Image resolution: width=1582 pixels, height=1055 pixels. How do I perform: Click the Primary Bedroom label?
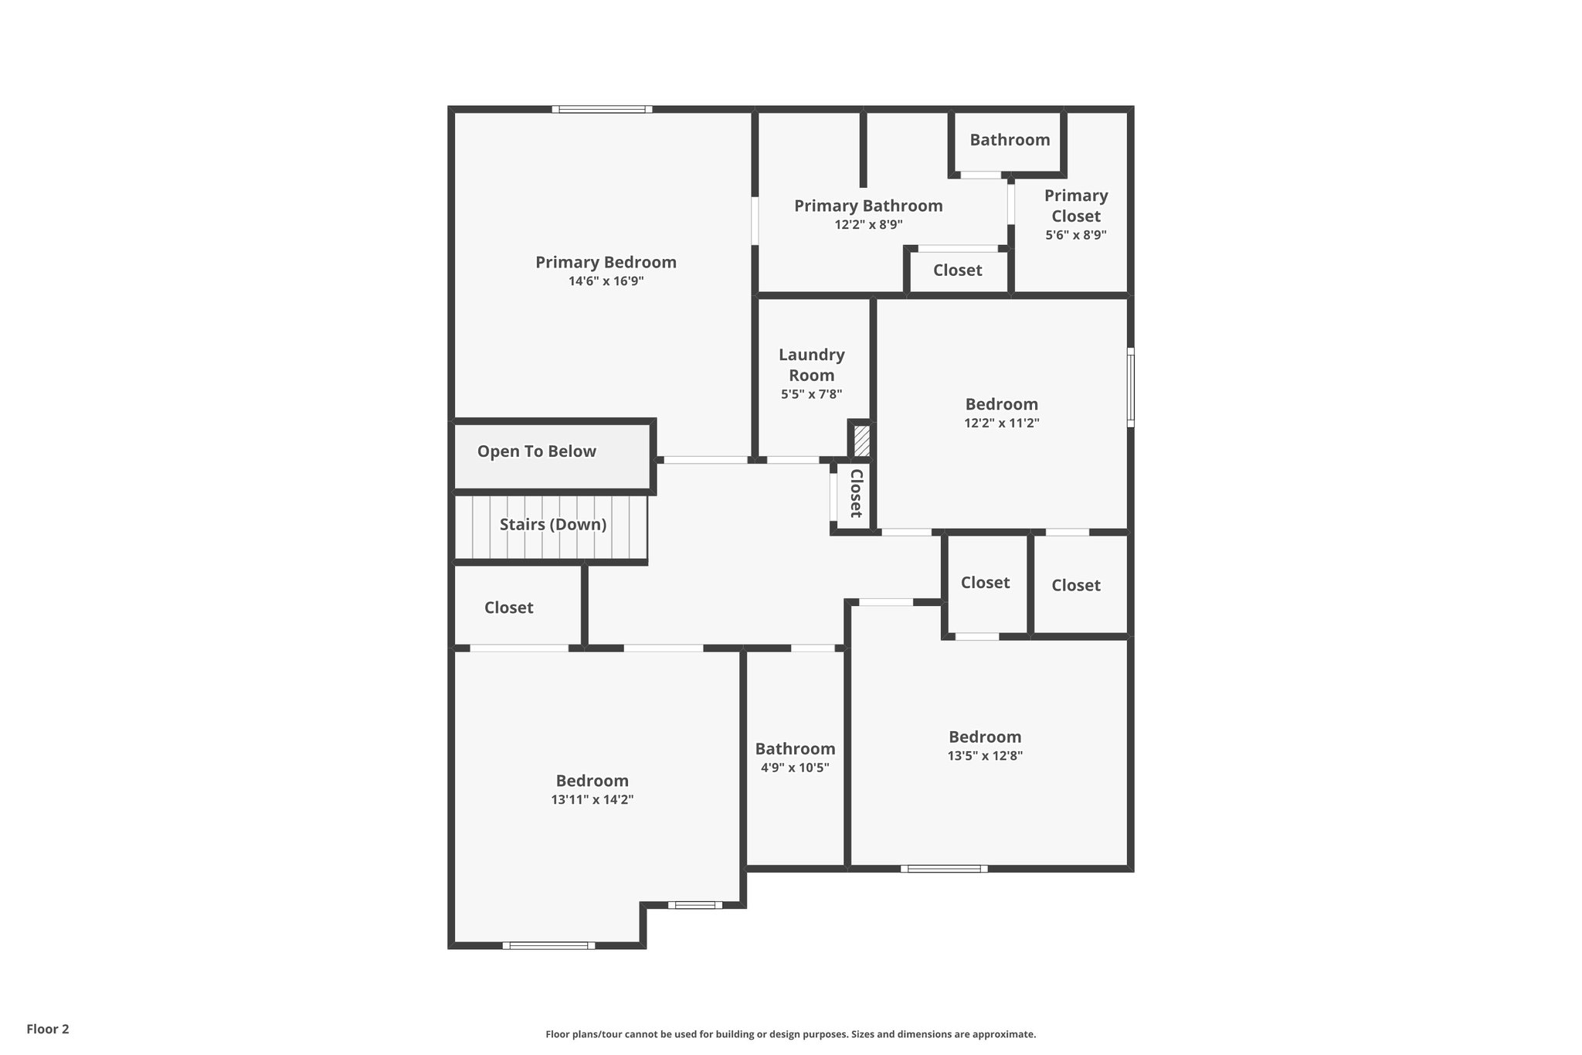606,262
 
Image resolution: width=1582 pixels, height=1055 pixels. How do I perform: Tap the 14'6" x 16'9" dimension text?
606,281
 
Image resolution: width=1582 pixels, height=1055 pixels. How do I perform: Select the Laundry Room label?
811,365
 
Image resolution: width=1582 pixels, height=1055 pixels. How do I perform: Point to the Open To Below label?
536,451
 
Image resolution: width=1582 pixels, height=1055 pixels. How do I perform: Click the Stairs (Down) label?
552,525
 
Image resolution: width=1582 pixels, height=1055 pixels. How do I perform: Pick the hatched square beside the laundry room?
861,441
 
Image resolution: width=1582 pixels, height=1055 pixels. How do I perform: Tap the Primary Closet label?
1076,206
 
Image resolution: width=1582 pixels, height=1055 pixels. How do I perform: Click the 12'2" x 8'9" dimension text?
868,225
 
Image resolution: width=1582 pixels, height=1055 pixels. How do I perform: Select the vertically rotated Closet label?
856,493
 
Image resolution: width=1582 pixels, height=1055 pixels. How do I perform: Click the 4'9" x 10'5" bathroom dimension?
795,767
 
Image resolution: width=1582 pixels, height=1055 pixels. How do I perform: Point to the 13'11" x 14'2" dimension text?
592,800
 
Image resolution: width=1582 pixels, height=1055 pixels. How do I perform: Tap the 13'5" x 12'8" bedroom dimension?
985,756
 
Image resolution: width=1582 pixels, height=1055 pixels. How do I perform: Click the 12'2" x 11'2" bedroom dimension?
1001,424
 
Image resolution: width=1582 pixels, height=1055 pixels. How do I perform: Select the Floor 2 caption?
48,1029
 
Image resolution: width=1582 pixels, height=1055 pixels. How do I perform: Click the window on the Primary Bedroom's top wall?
602,109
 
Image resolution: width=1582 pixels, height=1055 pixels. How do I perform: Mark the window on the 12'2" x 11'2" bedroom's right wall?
1130,387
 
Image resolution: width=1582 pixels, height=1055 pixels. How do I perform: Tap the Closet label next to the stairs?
508,607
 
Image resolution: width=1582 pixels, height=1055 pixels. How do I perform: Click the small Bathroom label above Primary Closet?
1010,140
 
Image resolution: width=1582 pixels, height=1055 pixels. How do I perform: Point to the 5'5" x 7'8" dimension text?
811,394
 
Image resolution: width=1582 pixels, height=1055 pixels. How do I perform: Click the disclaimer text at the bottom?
790,1034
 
